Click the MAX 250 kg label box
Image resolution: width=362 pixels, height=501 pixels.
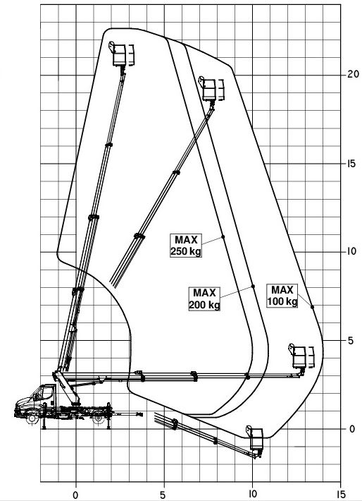click(186, 246)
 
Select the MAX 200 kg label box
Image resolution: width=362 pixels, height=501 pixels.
click(204, 298)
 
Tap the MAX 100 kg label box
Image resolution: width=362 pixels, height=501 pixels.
click(282, 296)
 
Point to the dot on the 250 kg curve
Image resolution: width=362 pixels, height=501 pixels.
click(223, 237)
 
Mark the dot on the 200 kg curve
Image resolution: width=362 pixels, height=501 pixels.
click(254, 286)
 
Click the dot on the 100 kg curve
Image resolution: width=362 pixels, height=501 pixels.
click(312, 307)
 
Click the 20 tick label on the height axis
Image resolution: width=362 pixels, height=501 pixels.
click(353, 75)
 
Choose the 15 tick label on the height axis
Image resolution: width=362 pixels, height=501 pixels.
click(351, 164)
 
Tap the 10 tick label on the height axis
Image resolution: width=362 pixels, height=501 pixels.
click(351, 251)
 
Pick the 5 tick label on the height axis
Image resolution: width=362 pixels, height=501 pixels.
click(351, 341)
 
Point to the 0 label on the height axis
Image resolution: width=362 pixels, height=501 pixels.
click(352, 429)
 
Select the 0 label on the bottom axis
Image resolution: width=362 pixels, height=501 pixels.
click(75, 495)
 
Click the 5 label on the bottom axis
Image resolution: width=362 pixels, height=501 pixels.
click(163, 495)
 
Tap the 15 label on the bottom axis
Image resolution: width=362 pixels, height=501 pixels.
click(341, 494)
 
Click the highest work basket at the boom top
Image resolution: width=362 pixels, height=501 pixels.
click(121, 54)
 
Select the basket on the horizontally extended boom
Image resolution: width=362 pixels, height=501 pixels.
click(301, 356)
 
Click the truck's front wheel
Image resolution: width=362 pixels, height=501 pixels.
click(32, 418)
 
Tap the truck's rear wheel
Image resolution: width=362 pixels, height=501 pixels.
click(98, 418)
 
